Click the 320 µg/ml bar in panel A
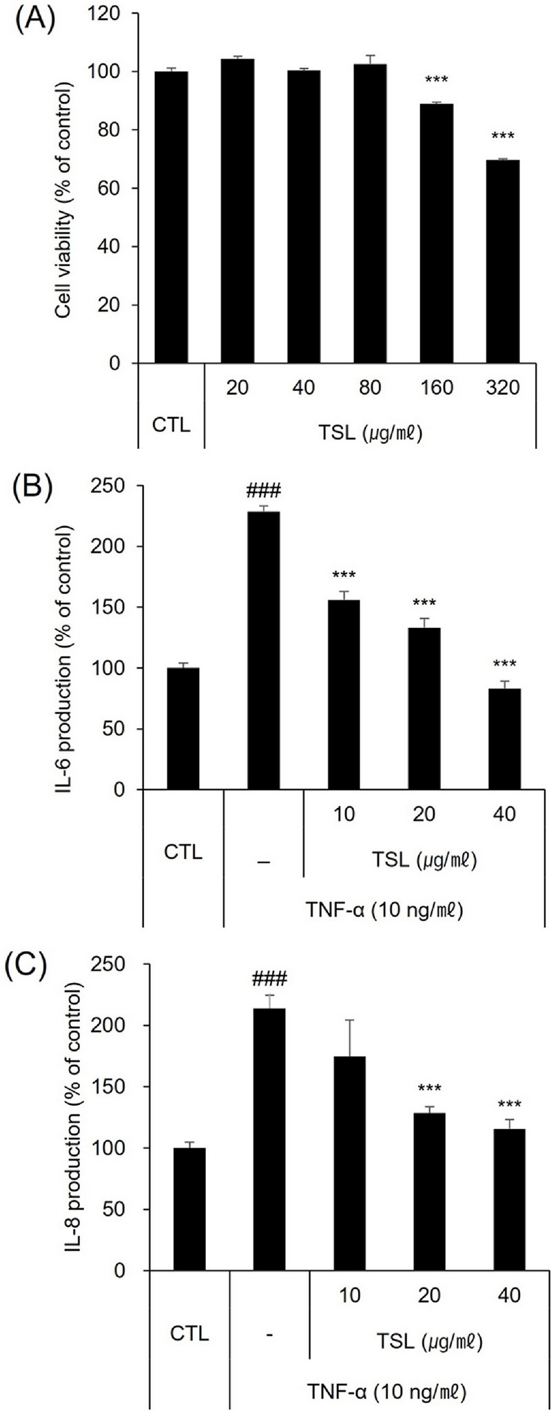tap(503, 262)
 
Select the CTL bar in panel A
tap(171, 217)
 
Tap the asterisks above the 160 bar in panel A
tap(436, 81)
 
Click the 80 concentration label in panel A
tap(370, 387)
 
